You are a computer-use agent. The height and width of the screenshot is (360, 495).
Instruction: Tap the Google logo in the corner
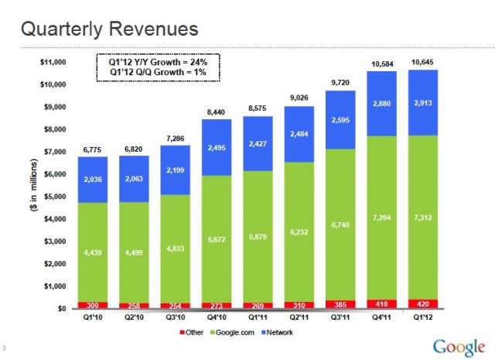coord(459,345)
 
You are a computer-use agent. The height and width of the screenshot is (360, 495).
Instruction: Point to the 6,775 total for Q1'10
coord(93,149)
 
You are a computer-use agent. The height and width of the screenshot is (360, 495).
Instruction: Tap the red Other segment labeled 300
coord(93,305)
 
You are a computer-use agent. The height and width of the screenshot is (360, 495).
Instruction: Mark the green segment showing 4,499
coord(137,252)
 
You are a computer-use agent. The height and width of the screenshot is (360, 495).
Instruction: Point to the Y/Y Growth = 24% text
coord(158,61)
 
